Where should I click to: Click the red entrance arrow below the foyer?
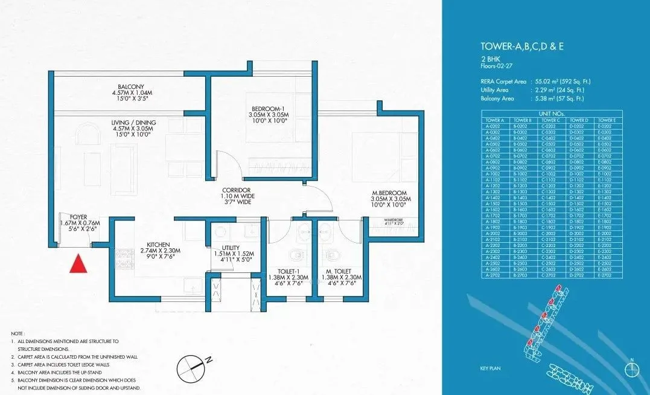76,264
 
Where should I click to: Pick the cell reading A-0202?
495,126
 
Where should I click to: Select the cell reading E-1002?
604,173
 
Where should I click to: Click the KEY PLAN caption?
490,368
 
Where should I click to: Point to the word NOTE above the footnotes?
19,333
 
